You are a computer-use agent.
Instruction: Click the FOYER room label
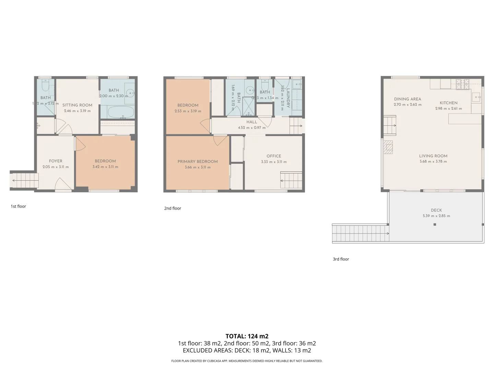coord(56,161)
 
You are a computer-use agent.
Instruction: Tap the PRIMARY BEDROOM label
coord(198,161)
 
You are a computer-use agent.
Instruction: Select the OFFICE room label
coord(274,156)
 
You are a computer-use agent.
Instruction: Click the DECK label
coord(436,210)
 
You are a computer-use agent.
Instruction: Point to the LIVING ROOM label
coord(433,156)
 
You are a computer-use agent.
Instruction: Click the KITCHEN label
coord(448,103)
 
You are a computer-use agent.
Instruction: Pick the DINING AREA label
coord(408,99)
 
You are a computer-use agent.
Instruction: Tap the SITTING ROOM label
coord(77,105)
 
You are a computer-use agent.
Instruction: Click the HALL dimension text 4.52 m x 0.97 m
coord(252,128)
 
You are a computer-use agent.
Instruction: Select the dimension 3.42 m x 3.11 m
coord(105,167)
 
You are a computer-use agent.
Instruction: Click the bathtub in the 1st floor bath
coord(121,112)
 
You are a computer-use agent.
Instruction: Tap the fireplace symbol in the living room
coord(388,147)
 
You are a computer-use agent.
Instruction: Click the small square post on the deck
coord(435,225)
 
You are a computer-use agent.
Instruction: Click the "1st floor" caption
coord(19,206)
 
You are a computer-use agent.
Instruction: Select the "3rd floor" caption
coord(341,259)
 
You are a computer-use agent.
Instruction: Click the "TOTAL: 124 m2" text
coord(247,336)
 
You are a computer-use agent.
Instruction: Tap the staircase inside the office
coord(291,180)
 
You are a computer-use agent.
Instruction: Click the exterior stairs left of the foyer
coord(24,180)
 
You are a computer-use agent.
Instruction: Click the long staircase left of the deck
coord(360,234)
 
